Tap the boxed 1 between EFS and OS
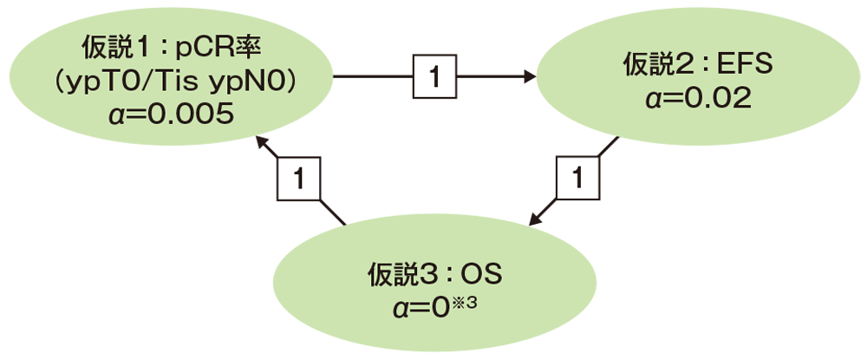tap(575, 180)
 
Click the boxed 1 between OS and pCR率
tap(299, 180)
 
